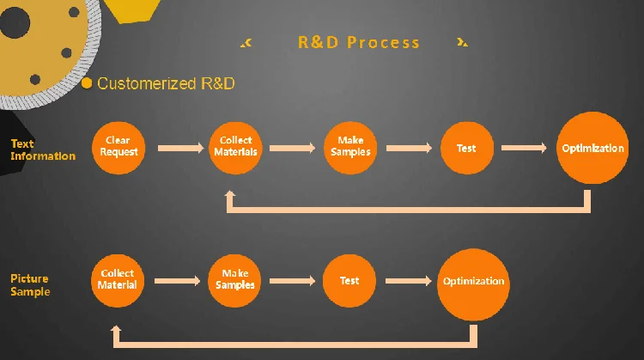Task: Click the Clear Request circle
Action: coord(118,148)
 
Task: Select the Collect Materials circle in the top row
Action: coord(235,148)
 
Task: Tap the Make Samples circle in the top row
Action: coord(350,148)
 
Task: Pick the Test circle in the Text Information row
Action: coord(467,148)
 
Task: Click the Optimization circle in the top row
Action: coord(592,148)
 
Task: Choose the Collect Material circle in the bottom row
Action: coord(118,281)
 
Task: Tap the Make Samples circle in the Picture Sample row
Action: coord(234,281)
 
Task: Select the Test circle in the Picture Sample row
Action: coord(349,281)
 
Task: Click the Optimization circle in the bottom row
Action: coord(473,284)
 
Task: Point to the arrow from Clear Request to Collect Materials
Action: coord(180,148)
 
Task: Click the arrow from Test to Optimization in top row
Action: coord(524,148)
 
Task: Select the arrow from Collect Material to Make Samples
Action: coord(178,281)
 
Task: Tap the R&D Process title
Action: coord(359,42)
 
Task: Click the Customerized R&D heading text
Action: coord(166,83)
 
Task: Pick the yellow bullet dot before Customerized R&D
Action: coord(87,83)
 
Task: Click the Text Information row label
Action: coord(43,150)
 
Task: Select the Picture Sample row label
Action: coord(30,284)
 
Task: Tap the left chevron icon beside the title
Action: coord(246,42)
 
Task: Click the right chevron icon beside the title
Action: coord(462,42)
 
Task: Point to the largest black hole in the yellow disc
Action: coord(15,23)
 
